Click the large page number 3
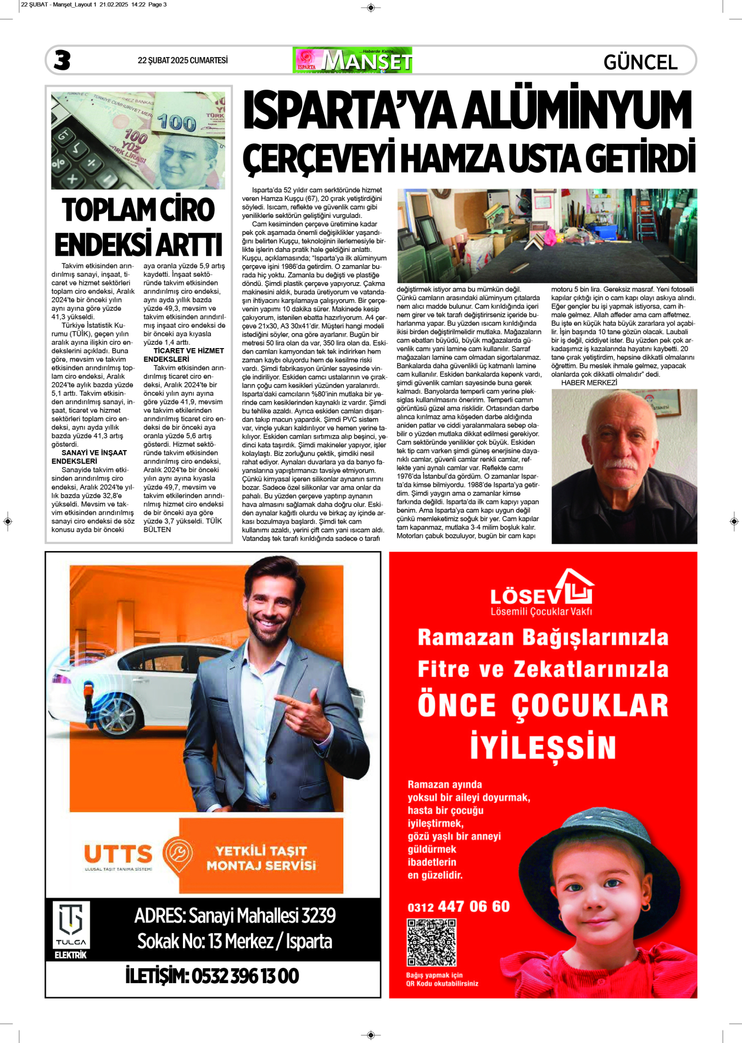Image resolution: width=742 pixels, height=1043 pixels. pyautogui.click(x=62, y=60)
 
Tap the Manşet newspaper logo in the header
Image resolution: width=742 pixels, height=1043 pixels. pyautogui.click(x=353, y=60)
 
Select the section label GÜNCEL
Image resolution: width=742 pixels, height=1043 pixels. pyautogui.click(x=640, y=62)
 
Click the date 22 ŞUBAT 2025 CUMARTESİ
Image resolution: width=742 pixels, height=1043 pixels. pyautogui.click(x=182, y=60)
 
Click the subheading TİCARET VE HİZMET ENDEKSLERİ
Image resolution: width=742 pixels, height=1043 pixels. pyautogui.click(x=183, y=355)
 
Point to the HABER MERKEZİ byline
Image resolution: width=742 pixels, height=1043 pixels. pyautogui.click(x=589, y=383)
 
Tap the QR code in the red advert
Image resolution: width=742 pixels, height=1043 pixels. pyautogui.click(x=431, y=942)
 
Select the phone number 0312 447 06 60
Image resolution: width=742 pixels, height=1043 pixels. pyautogui.click(x=459, y=906)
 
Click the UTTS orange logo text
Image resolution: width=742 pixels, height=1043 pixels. pyautogui.click(x=118, y=854)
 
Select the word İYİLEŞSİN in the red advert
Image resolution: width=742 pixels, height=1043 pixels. pyautogui.click(x=543, y=747)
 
